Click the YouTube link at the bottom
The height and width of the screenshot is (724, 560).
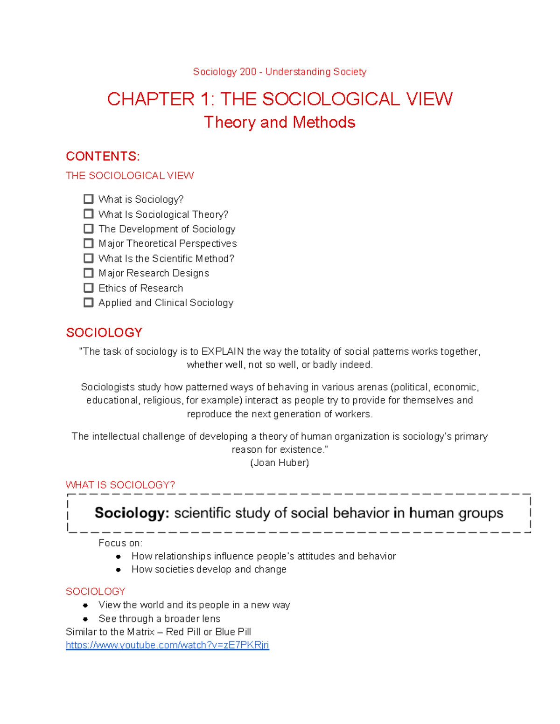click(x=167, y=645)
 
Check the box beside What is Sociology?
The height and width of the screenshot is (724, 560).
click(x=89, y=199)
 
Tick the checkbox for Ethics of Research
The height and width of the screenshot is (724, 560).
click(x=89, y=288)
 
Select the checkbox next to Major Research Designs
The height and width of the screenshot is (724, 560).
click(x=89, y=273)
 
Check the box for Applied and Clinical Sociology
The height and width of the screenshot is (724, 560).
click(x=89, y=303)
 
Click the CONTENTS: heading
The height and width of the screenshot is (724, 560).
click(x=103, y=156)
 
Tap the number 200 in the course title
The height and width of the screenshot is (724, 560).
click(x=248, y=72)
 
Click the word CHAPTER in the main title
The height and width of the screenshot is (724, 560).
click(x=151, y=99)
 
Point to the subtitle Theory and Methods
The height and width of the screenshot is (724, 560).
click(x=280, y=122)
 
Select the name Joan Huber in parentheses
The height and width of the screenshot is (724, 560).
click(x=280, y=463)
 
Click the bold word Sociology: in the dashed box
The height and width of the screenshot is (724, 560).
click(x=132, y=513)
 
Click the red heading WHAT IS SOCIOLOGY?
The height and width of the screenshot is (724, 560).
click(x=120, y=485)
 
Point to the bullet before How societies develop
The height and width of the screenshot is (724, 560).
click(x=119, y=570)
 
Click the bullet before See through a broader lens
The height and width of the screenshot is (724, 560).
click(x=85, y=619)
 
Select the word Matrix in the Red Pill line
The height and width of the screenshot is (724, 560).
click(x=140, y=632)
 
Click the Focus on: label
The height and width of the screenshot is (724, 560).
click(x=120, y=543)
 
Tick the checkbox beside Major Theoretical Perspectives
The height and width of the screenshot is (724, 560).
click(x=89, y=243)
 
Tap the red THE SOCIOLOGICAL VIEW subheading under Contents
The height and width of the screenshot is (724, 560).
click(x=130, y=176)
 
